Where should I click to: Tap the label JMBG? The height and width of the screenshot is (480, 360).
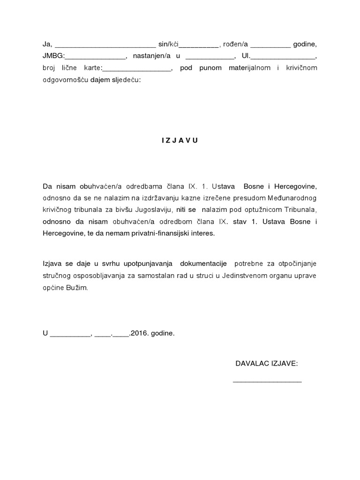point(52,57)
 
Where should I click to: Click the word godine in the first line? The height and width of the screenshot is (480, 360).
point(305,45)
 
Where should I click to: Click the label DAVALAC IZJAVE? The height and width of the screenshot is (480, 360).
point(267,363)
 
